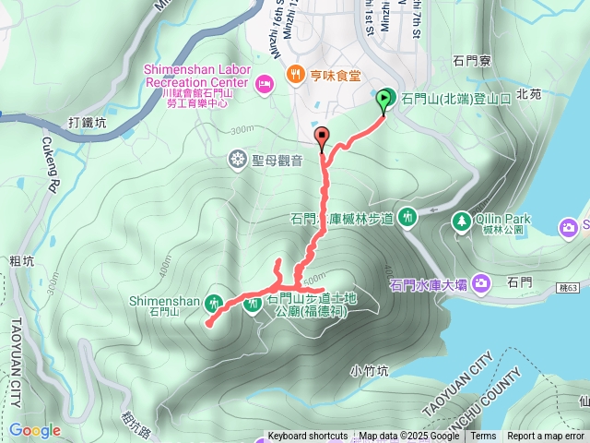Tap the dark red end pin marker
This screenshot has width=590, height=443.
(x=322, y=138)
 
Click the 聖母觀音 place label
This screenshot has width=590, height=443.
(x=277, y=161)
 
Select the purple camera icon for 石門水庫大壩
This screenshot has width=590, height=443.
(x=480, y=283)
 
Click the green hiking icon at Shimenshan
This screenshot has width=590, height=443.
(x=214, y=302)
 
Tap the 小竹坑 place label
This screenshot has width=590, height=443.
(x=370, y=370)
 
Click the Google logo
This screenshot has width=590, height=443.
(x=34, y=430)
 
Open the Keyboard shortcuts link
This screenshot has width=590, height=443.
(x=307, y=437)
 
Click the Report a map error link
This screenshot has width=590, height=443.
(x=546, y=437)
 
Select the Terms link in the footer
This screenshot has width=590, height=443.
(x=483, y=437)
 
